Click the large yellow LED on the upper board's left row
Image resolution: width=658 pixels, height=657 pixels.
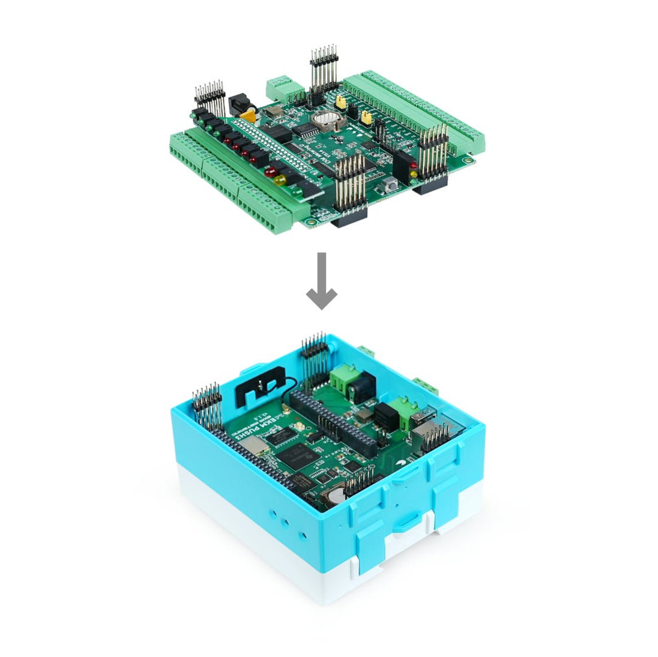279,179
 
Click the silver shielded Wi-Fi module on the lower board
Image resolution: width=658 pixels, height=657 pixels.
258,445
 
